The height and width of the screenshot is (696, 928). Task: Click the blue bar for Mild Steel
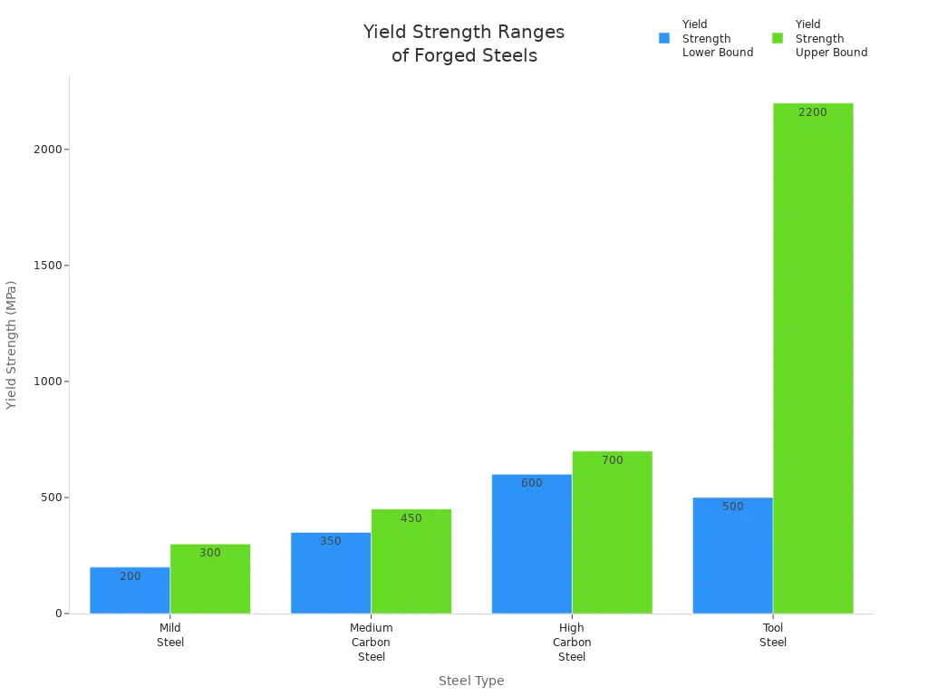coord(130,591)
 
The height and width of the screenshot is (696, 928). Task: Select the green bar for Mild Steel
coord(210,579)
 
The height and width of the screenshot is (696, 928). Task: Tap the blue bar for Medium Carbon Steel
coord(331,573)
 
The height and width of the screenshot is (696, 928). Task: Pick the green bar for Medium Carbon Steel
coord(411,562)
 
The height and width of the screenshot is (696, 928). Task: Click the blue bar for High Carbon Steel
coord(532,544)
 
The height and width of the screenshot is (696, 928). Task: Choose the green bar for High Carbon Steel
coord(612,533)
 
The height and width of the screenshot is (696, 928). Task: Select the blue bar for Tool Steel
coord(732,556)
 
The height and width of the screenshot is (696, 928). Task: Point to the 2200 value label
coord(813,112)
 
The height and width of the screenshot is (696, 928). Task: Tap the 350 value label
coord(331,541)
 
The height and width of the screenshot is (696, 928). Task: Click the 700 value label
coord(613,460)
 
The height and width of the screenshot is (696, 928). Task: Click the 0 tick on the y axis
coord(59,614)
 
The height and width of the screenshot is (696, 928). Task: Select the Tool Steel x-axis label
coord(773,635)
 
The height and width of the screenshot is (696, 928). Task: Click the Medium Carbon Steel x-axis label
coord(372,643)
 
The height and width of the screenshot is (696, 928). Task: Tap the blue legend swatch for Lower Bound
coord(664,38)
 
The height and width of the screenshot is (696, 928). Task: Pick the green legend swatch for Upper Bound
coord(778,38)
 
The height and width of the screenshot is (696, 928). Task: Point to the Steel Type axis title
coord(471,681)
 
